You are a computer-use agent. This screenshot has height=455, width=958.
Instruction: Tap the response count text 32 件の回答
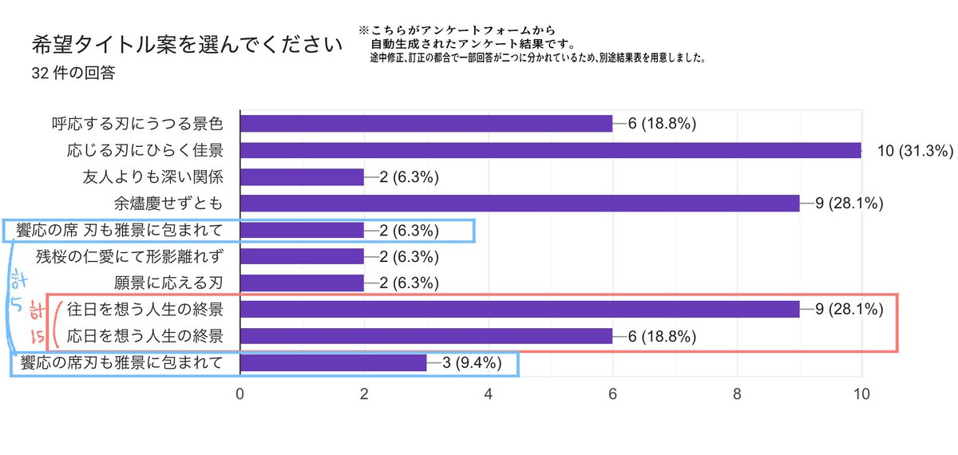tap(73, 73)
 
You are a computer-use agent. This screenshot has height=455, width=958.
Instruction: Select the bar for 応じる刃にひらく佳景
tap(550, 150)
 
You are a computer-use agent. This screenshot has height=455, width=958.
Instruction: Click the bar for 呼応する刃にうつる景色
tap(426, 124)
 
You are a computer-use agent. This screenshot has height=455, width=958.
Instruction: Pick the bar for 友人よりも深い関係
tap(302, 176)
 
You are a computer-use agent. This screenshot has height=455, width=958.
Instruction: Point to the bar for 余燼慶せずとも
tap(519, 204)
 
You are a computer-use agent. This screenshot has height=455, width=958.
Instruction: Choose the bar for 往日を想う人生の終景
tap(519, 310)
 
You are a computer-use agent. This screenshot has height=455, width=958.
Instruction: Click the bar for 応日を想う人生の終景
tap(426, 336)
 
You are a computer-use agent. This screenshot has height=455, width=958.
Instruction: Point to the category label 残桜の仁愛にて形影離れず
tap(129, 257)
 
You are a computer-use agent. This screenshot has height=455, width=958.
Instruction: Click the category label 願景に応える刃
tap(168, 283)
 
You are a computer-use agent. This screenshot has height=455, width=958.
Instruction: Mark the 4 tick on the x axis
tap(489, 394)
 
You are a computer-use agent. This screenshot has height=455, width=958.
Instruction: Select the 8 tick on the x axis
tap(737, 394)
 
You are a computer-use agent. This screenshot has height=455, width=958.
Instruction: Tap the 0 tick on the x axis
tap(240, 394)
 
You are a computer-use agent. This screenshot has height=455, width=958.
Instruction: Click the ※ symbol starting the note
tap(365, 31)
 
